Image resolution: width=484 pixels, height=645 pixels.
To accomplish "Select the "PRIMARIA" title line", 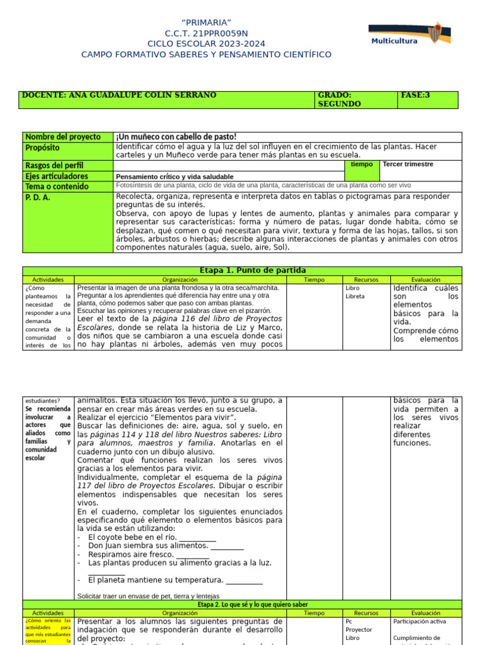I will tap(206, 23).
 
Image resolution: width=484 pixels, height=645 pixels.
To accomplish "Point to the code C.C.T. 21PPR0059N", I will tap(206, 33).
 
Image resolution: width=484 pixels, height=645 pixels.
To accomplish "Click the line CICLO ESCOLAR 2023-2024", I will tap(206, 43).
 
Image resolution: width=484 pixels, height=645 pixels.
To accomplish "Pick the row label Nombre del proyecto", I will tap(63, 137).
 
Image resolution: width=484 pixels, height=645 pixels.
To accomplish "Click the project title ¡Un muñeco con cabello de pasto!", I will tap(176, 137).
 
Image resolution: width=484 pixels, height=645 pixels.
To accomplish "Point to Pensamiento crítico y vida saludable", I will tap(175, 177).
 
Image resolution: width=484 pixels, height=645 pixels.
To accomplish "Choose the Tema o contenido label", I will tap(57, 186).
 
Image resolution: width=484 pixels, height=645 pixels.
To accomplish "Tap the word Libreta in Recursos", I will tap(355, 296).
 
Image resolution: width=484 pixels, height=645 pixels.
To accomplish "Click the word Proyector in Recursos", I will tap(359, 629).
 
